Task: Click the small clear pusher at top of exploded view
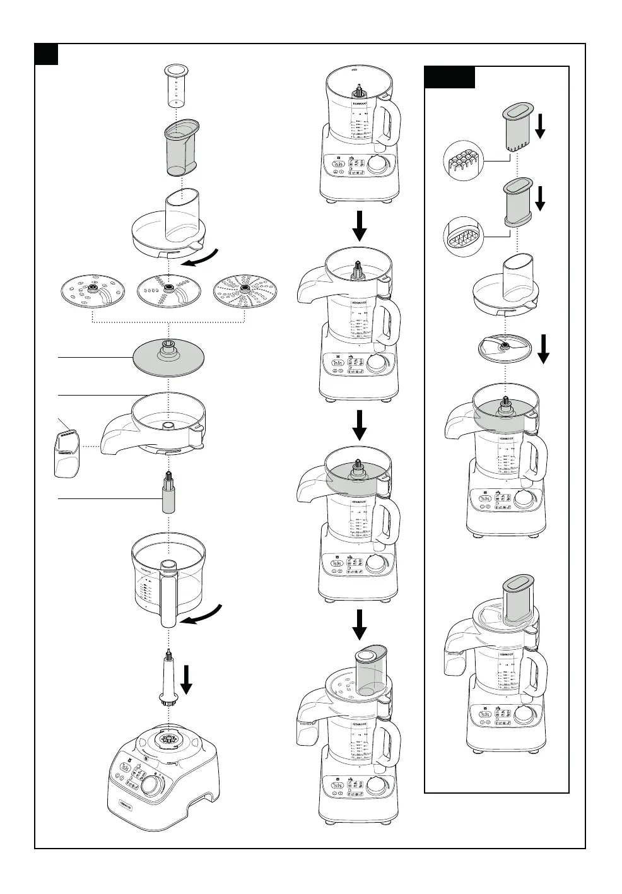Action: click(x=175, y=85)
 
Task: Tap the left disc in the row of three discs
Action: click(x=90, y=293)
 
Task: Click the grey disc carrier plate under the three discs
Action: click(x=169, y=358)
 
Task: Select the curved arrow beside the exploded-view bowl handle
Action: click(x=202, y=615)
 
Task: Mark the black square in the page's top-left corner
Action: click(x=46, y=54)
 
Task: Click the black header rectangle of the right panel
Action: click(x=449, y=77)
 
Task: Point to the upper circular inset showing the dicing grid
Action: click(x=464, y=163)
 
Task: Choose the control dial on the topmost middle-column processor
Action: click(x=378, y=165)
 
